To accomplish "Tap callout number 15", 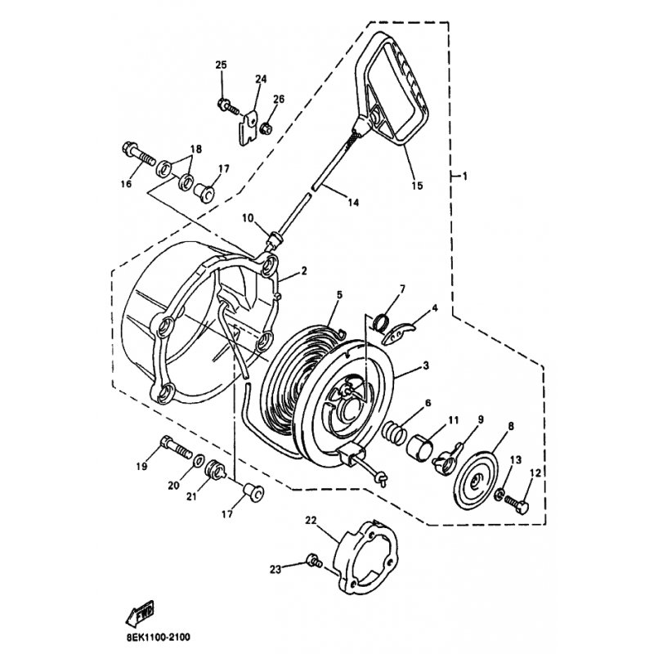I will pyautogui.click(x=416, y=186).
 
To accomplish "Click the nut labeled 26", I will pyautogui.click(x=266, y=128).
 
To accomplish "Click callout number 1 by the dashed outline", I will pyautogui.click(x=464, y=176).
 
